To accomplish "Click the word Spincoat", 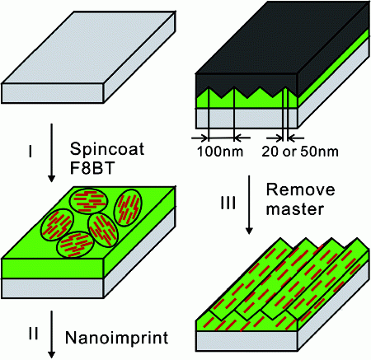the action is point(107,150).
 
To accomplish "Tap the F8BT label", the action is point(92,168).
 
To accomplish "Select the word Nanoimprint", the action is point(116,338).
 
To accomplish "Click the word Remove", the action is point(300,189).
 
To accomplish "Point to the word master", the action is point(295,209).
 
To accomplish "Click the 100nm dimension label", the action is point(220,152).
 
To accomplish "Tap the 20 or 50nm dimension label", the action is point(300,152).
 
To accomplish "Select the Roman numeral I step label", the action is point(31,152).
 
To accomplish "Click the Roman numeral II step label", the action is point(33,334).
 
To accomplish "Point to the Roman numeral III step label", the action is point(228,203).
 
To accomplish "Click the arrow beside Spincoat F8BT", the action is point(51,152).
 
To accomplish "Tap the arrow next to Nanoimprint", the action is point(51,334).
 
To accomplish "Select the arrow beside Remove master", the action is point(249,205).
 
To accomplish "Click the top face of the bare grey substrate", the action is point(88,47).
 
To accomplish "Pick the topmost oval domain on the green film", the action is point(88,201).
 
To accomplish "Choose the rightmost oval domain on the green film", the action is point(128,208).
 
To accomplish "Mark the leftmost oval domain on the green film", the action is point(57,225).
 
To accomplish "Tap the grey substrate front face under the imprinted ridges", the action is point(247,341).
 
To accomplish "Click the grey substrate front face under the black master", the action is point(247,119).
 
